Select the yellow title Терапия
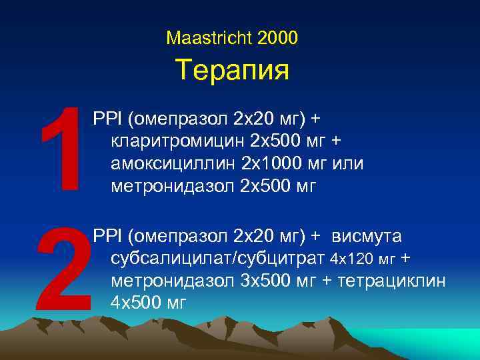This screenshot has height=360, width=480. (x=232, y=70)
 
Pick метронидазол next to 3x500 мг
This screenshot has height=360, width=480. (x=173, y=280)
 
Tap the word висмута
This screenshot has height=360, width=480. (x=367, y=235)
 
